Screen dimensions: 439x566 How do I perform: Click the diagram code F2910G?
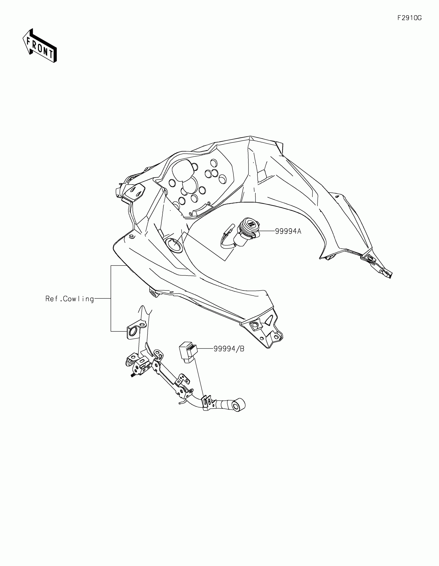pos(409,18)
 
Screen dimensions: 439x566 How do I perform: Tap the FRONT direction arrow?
pos(40,46)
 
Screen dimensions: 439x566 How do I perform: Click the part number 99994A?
pos(288,231)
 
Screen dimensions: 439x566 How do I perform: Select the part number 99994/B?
pos(229,349)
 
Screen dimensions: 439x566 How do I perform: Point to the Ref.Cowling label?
pos(69,299)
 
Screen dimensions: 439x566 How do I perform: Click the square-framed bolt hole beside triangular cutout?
pos(255,325)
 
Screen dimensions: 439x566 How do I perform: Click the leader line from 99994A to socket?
pos(267,231)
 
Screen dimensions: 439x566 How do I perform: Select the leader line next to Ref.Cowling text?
pos(103,299)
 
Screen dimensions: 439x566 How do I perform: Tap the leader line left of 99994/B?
pos(205,349)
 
